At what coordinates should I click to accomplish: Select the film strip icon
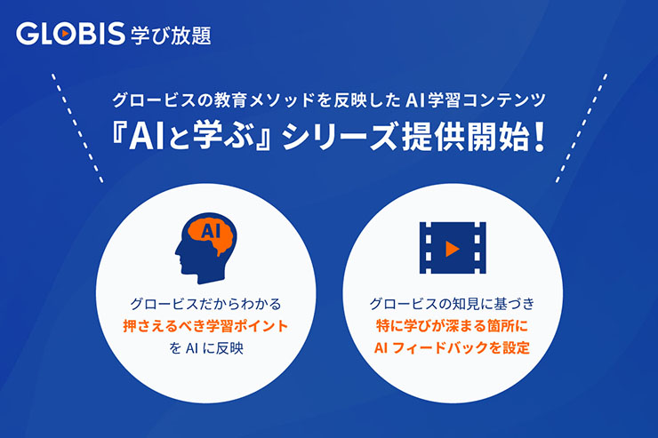(452, 243)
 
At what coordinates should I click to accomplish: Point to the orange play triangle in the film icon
(453, 244)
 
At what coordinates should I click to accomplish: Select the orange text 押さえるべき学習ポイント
(205, 326)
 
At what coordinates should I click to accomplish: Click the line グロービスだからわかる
(205, 304)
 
